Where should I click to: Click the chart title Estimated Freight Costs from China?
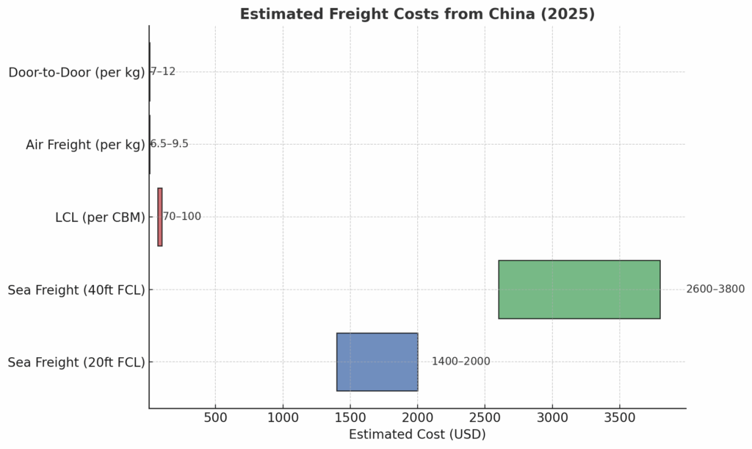pyautogui.click(x=417, y=14)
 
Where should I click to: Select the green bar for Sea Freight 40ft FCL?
pyautogui.click(x=579, y=290)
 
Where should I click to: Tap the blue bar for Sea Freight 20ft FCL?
pyautogui.click(x=377, y=362)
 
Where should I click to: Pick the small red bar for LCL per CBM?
pyautogui.click(x=160, y=217)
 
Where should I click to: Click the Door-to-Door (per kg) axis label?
pyautogui.click(x=76, y=72)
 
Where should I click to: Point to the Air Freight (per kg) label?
pyautogui.click(x=85, y=145)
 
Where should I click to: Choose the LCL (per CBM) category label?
pyautogui.click(x=100, y=218)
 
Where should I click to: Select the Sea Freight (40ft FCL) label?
pyautogui.click(x=76, y=290)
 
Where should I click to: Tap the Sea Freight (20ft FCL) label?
pyautogui.click(x=76, y=362)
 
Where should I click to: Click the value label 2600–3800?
pyautogui.click(x=715, y=290)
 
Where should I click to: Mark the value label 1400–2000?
pyautogui.click(x=460, y=362)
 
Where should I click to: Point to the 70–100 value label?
pyautogui.click(x=181, y=217)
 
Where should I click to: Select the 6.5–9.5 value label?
pyautogui.click(x=170, y=144)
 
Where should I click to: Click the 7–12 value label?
pyautogui.click(x=163, y=72)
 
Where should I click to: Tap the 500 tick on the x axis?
pyautogui.click(x=215, y=418)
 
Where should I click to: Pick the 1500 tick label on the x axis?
pyautogui.click(x=350, y=418)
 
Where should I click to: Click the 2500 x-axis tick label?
pyautogui.click(x=485, y=418)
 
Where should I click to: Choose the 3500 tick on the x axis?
pyautogui.click(x=619, y=418)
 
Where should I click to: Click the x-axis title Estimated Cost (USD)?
pyautogui.click(x=417, y=434)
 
